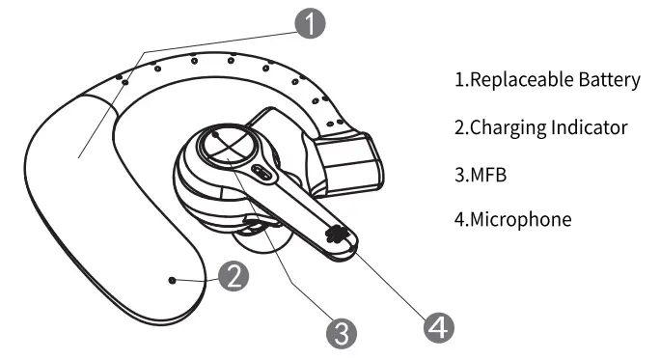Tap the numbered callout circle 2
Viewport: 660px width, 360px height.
[x=234, y=278]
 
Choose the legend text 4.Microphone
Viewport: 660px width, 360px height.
[x=512, y=220]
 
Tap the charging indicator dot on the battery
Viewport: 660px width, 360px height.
[x=172, y=280]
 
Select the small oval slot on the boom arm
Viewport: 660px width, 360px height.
[x=261, y=174]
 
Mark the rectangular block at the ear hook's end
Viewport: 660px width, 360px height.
[x=350, y=161]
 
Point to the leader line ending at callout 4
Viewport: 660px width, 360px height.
[x=386, y=279]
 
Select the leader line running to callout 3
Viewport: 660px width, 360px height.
[x=289, y=261]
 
